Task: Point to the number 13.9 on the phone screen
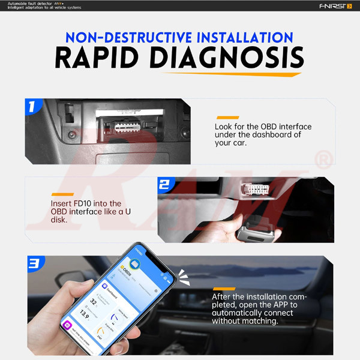click(x=85, y=315)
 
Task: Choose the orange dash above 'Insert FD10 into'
click(x=62, y=193)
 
